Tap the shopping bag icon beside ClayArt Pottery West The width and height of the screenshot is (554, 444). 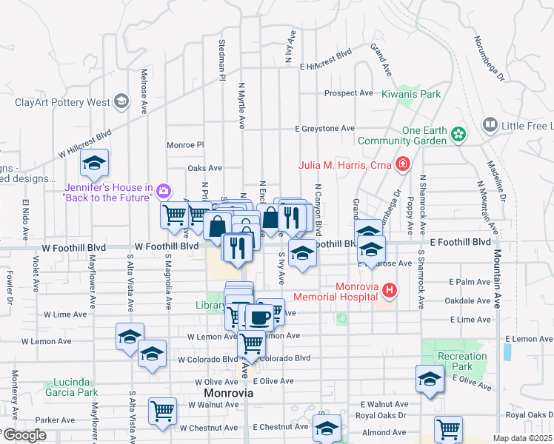coord(121,102)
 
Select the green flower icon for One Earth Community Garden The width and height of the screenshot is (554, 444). coord(459,134)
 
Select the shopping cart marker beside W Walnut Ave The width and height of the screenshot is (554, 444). coord(162,410)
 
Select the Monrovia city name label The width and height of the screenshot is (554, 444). coord(229,393)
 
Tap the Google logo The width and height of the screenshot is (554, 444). coord(24,435)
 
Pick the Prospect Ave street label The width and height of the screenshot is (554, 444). coord(349,93)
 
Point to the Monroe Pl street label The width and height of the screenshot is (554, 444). coord(184,145)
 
